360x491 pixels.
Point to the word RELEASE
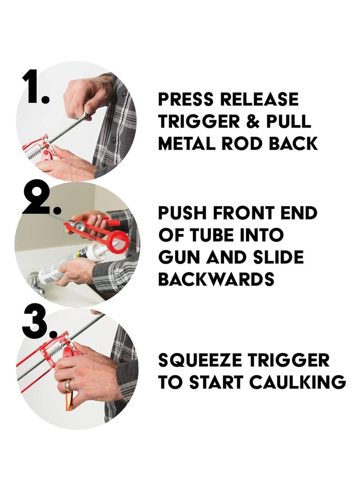[x=259, y=99]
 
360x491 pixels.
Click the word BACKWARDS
[x=216, y=279]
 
